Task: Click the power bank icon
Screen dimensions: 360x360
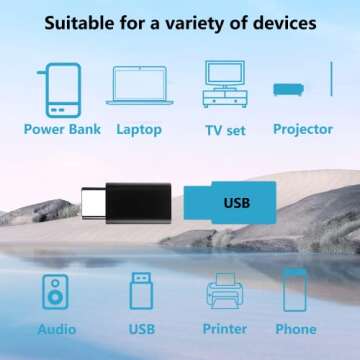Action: pyautogui.click(x=63, y=90)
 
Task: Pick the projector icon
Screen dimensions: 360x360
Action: pyautogui.click(x=289, y=89)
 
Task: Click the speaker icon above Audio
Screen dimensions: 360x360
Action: pyautogui.click(x=56, y=292)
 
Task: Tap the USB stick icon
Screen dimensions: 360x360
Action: pyautogui.click(x=141, y=291)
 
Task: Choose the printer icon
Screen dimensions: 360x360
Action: pyautogui.click(x=224, y=293)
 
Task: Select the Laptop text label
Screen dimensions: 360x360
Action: pyautogui.click(x=139, y=129)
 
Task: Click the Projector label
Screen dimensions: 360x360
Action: pyautogui.click(x=303, y=129)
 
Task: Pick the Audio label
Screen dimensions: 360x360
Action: pyautogui.click(x=57, y=328)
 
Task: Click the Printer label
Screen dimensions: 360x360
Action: pyautogui.click(x=224, y=328)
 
